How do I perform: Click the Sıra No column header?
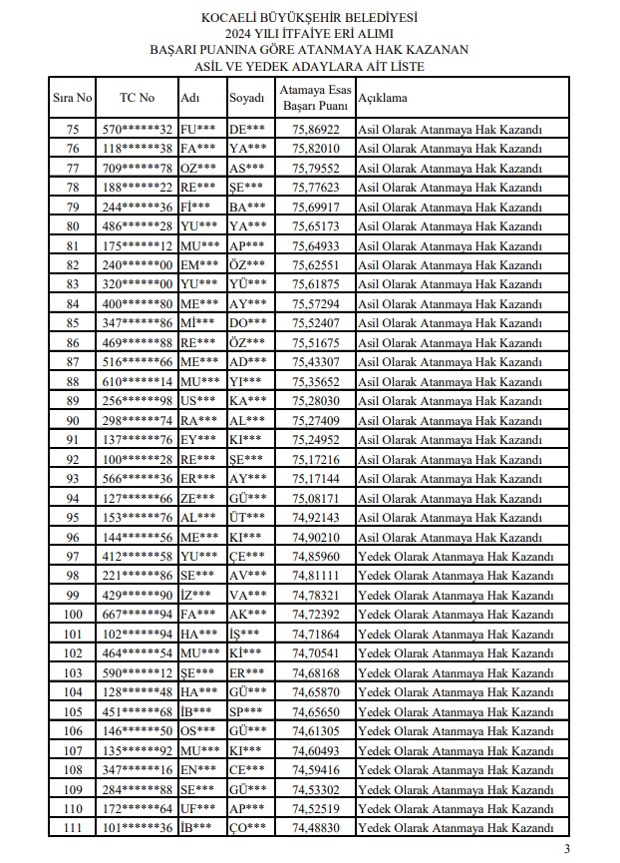(x=72, y=98)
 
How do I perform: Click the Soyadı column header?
(x=246, y=98)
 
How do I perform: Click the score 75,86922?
(x=316, y=130)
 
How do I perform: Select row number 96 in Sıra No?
(x=72, y=537)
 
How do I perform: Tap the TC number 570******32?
(x=138, y=130)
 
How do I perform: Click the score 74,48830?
(x=316, y=828)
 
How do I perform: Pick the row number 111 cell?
(x=72, y=828)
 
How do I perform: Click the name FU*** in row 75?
(x=197, y=130)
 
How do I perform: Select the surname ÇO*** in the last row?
(x=246, y=828)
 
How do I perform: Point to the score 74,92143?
(x=316, y=518)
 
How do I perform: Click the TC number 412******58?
(x=138, y=557)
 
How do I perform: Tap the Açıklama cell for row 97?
(x=455, y=557)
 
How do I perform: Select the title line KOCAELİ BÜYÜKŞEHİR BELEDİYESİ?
(x=309, y=18)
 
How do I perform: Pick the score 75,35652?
(x=316, y=382)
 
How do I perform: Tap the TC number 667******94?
(x=138, y=615)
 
